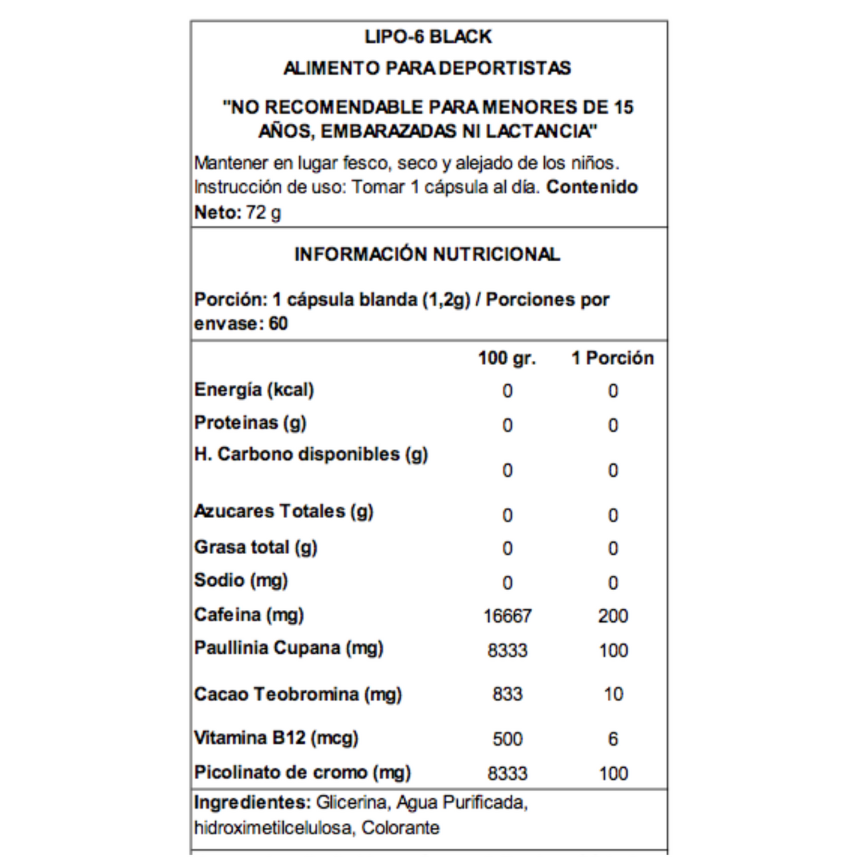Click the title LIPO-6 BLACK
click(x=428, y=37)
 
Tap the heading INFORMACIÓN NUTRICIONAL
click(x=427, y=254)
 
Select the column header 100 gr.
click(x=507, y=358)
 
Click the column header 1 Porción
click(x=612, y=358)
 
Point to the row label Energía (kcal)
click(x=254, y=390)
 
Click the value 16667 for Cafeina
click(x=507, y=616)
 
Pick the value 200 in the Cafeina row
click(x=613, y=616)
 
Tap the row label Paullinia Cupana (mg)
click(x=289, y=648)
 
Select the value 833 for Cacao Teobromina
click(x=507, y=695)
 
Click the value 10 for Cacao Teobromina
click(x=613, y=695)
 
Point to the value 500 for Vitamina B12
click(x=507, y=739)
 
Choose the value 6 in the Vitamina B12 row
click(x=613, y=739)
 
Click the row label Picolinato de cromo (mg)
click(x=302, y=773)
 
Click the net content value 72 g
click(x=263, y=212)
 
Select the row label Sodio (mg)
click(x=241, y=581)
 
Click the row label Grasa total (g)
click(x=255, y=548)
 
